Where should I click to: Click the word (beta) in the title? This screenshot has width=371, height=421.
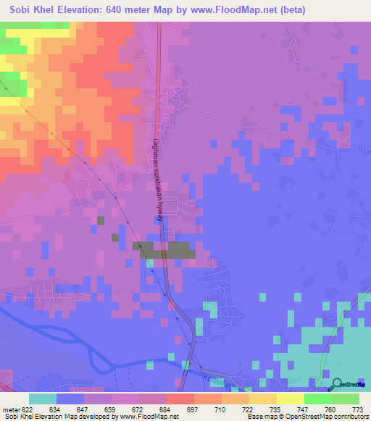[289, 9]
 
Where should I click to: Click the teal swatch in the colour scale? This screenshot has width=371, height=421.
[43, 398]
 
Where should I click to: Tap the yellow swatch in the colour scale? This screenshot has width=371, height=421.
[291, 398]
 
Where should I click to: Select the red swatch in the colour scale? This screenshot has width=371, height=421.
[180, 398]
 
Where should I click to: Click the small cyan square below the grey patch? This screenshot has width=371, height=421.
[151, 263]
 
